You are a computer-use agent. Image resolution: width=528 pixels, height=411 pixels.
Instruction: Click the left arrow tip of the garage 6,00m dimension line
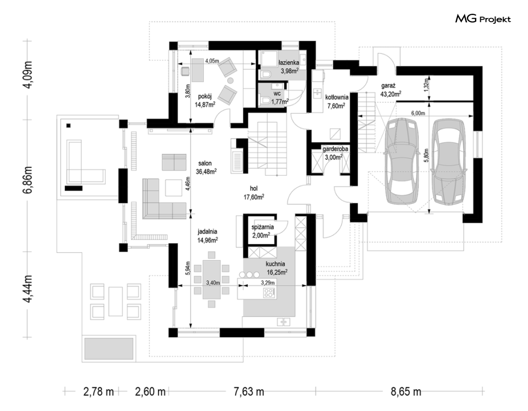click(x=358, y=116)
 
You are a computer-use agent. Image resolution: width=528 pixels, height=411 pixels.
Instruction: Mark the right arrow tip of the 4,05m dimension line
click(x=255, y=64)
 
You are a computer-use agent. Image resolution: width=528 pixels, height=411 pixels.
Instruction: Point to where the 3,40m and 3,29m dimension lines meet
click(x=242, y=286)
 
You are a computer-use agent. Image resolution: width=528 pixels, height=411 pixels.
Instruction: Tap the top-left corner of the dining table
click(x=203, y=260)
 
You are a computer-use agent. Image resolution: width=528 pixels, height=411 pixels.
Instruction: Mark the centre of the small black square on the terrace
click(x=68, y=126)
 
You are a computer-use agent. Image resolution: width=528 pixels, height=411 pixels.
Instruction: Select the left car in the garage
click(x=401, y=161)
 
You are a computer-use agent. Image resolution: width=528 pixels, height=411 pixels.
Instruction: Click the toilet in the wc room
click(x=266, y=100)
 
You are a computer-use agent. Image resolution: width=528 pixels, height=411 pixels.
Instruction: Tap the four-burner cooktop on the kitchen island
click(x=270, y=293)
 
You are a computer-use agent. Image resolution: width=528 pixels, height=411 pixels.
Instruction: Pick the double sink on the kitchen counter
click(x=283, y=322)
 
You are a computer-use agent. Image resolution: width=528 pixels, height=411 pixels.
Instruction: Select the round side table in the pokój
click(x=231, y=81)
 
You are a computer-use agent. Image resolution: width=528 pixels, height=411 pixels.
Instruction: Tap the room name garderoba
click(x=335, y=149)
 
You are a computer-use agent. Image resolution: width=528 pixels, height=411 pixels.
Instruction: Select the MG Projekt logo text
click(x=483, y=19)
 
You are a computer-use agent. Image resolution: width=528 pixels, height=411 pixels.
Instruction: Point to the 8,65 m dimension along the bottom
click(x=406, y=391)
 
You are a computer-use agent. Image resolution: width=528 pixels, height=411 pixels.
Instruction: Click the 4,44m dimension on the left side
click(x=29, y=289)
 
